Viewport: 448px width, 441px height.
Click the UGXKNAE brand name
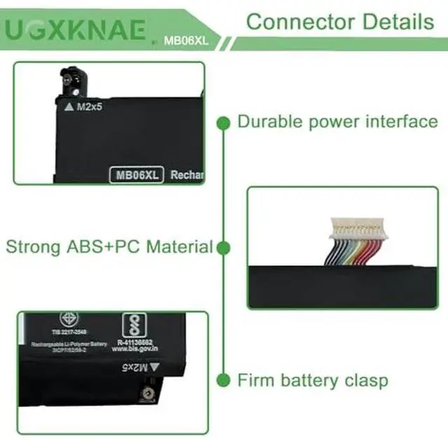(x=76, y=29)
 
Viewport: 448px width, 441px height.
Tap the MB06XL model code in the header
(x=185, y=41)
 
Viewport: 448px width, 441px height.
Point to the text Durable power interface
(x=337, y=122)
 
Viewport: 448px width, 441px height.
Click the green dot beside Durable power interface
(x=223, y=123)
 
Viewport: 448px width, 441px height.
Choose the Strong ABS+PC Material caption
(x=109, y=246)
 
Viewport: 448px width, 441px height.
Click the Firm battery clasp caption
(x=312, y=381)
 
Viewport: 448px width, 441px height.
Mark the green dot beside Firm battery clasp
(x=223, y=381)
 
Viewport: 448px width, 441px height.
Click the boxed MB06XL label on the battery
(x=136, y=174)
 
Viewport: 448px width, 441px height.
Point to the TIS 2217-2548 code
(x=68, y=332)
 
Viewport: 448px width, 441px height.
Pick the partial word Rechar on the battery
(x=187, y=175)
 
